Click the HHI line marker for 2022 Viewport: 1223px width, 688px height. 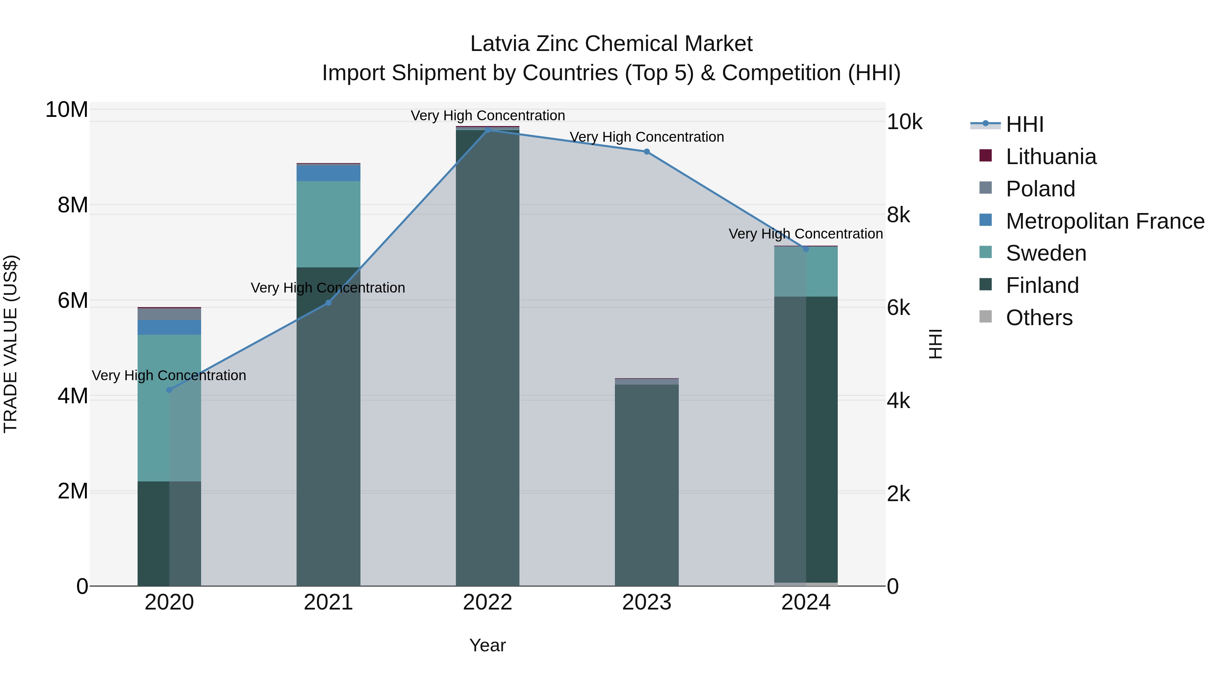click(x=488, y=130)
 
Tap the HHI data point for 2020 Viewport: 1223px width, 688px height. click(x=170, y=390)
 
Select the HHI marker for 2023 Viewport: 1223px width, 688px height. click(x=646, y=152)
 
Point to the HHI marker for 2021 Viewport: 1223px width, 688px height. click(x=328, y=302)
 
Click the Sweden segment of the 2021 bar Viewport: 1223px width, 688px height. click(x=328, y=224)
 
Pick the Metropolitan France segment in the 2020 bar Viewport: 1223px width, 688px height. click(x=170, y=327)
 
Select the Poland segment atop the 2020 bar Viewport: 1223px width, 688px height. click(x=170, y=314)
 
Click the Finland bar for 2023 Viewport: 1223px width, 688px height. click(x=646, y=484)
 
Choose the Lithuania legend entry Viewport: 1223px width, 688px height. click(x=1051, y=157)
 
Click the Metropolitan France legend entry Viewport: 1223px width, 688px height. click(x=1105, y=221)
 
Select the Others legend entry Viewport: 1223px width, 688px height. click(x=1039, y=318)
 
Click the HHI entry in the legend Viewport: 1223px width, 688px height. click(x=1025, y=124)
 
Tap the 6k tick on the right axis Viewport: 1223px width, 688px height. click(x=899, y=308)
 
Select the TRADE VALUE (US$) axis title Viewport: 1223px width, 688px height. click(x=11, y=344)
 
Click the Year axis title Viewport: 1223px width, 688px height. click(x=488, y=645)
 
